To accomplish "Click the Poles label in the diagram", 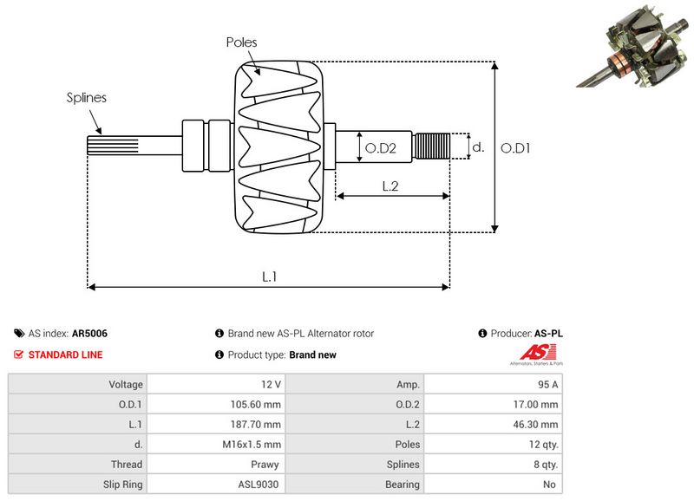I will click(x=241, y=42).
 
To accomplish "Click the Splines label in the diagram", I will click(x=87, y=98).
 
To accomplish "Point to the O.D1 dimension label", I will click(x=516, y=148).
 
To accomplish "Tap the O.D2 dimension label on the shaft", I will click(x=380, y=148).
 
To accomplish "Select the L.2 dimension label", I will click(x=390, y=185).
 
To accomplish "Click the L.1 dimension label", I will click(x=270, y=277).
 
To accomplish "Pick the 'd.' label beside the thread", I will click(x=477, y=147).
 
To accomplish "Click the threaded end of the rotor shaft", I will click(x=433, y=146).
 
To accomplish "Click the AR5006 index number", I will click(x=89, y=333).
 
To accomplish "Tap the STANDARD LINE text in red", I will click(x=65, y=355).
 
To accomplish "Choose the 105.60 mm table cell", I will click(x=215, y=404).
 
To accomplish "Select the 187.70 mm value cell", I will click(x=215, y=424).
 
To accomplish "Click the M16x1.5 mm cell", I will click(x=215, y=445).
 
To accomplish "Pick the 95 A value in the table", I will click(x=493, y=384).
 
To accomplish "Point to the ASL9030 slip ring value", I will click(x=215, y=485).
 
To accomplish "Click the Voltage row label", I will click(x=76, y=384).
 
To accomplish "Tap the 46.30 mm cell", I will click(x=493, y=424).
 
